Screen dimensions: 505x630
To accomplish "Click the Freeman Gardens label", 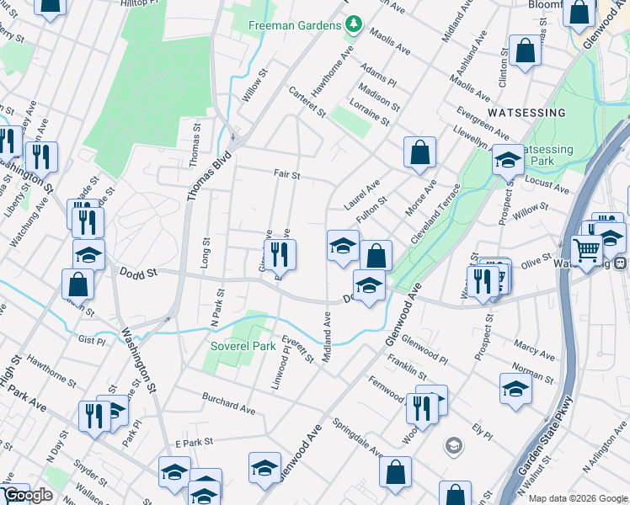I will [x=294, y=25].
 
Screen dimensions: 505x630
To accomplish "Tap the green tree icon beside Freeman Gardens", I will [x=354, y=25].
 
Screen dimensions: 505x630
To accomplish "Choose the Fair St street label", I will [x=286, y=175].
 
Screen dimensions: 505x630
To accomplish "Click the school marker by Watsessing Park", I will [x=509, y=158].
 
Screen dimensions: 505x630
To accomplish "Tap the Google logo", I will [x=28, y=495].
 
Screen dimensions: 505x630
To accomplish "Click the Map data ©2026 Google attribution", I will [x=578, y=498].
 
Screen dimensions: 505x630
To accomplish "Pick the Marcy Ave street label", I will [x=533, y=345].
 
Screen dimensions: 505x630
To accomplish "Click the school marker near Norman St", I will [x=515, y=388].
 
